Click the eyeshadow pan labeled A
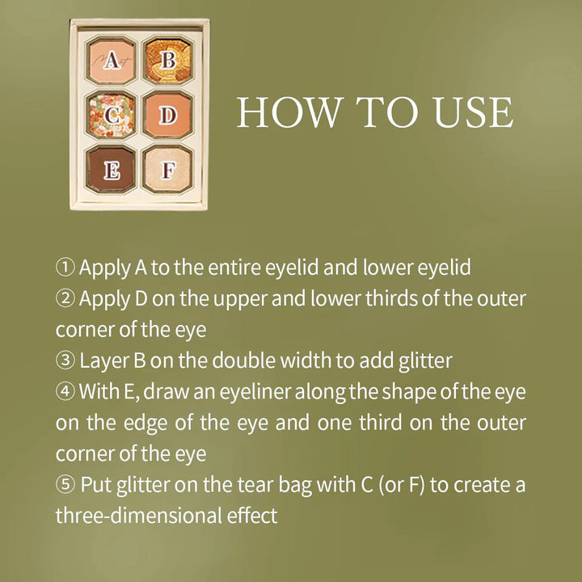[x=112, y=61]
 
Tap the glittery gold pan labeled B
[x=168, y=60]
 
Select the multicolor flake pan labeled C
[x=112, y=116]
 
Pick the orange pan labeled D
[x=168, y=115]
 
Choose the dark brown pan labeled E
[x=112, y=170]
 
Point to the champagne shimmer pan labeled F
[x=168, y=170]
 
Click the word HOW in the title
[x=289, y=112]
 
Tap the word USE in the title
[x=473, y=112]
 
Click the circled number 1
[x=65, y=268]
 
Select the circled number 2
[x=65, y=298]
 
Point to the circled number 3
[x=65, y=361]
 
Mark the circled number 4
[x=65, y=391]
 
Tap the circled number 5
[x=65, y=484]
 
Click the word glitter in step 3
[x=426, y=361]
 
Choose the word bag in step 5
[x=295, y=486]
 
